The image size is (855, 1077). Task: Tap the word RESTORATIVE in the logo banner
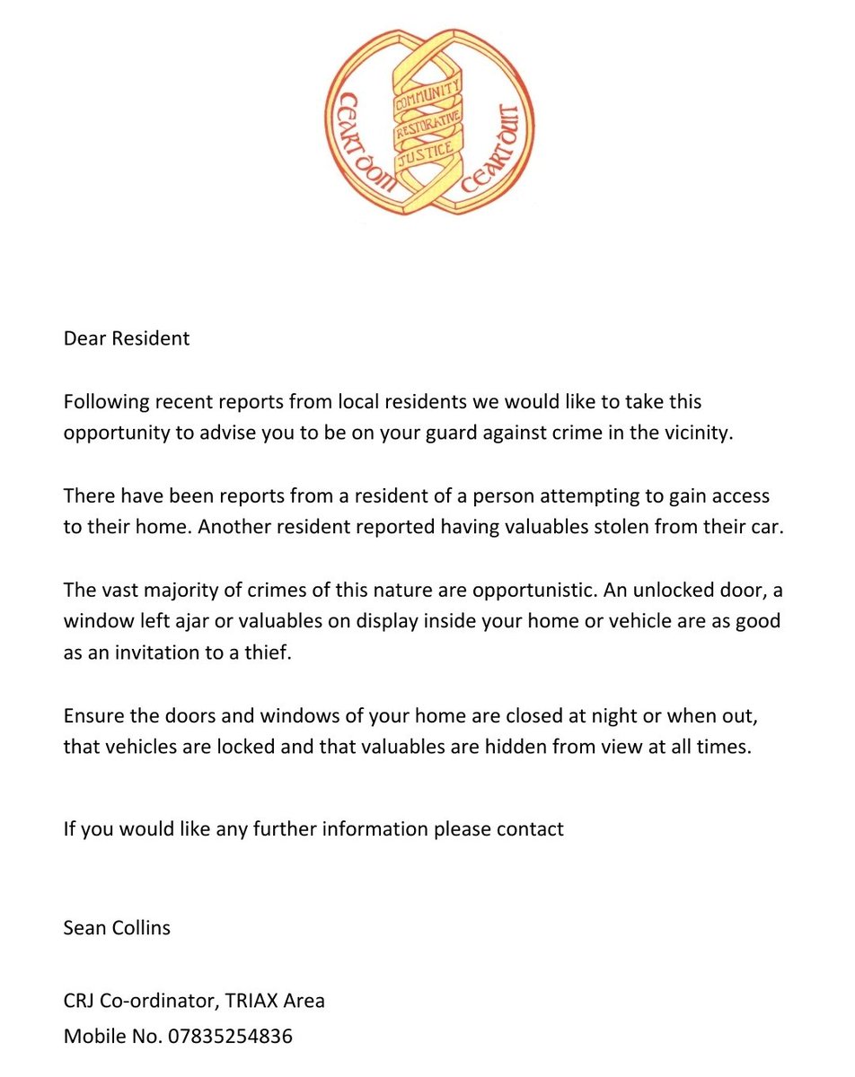427,127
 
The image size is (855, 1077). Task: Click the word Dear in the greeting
84,339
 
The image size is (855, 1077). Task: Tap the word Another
234,527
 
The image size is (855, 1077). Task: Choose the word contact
530,827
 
